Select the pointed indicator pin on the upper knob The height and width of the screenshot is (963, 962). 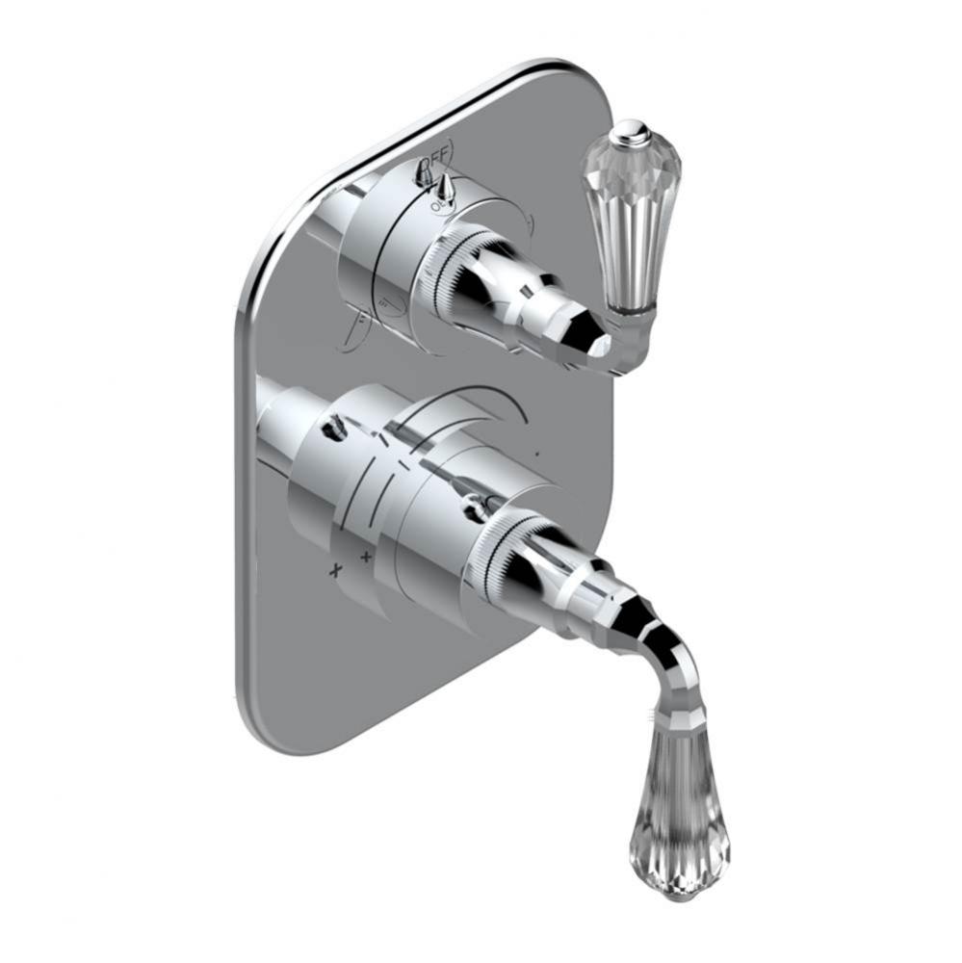pos(446,184)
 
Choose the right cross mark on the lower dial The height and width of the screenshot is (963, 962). pos(366,556)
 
